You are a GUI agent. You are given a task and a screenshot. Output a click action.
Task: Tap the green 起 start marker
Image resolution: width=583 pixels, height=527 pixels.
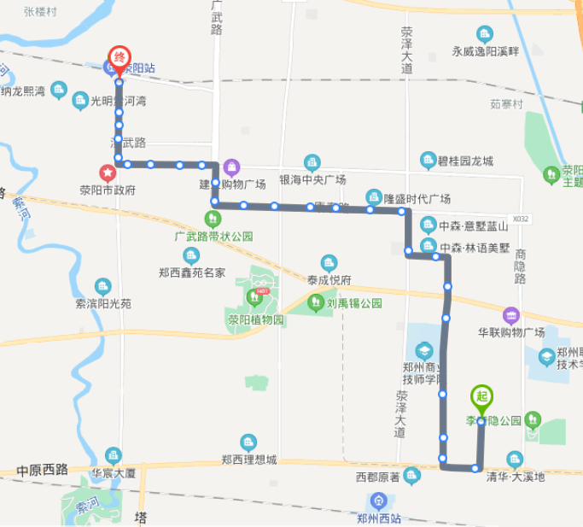pos(481,397)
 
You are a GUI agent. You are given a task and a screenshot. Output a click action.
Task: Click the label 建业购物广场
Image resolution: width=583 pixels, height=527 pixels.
pos(232,184)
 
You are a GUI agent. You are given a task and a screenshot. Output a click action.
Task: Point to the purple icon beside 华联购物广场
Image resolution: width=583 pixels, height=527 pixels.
pos(510,315)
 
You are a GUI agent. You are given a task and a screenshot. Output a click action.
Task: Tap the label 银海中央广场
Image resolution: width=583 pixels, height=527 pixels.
pos(312,180)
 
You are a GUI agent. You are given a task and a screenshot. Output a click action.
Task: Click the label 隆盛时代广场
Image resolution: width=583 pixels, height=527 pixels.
pos(417,199)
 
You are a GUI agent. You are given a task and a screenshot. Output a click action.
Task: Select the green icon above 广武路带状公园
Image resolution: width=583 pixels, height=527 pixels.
pos(213,219)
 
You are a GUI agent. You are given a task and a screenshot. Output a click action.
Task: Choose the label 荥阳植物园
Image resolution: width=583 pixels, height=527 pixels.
pos(255,320)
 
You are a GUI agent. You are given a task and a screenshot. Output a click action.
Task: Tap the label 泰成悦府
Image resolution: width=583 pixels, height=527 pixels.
pos(329,279)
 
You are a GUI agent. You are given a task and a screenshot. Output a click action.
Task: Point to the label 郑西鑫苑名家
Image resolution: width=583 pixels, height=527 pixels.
pos(192,273)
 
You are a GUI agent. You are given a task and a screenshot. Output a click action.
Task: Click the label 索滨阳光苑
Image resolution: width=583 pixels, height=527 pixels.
pos(103,303)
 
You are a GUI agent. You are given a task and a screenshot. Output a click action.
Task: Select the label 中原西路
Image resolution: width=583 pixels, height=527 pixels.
pos(42,471)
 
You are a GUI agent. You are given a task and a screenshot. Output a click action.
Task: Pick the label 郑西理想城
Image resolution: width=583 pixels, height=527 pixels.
pos(248,460)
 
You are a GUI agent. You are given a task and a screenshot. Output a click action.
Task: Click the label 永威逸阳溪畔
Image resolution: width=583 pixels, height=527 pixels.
pos(485,51)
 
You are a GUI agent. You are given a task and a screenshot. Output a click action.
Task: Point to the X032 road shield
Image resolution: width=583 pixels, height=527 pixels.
pos(521,219)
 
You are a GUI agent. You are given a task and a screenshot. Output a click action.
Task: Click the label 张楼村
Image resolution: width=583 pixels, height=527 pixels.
pos(40,12)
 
